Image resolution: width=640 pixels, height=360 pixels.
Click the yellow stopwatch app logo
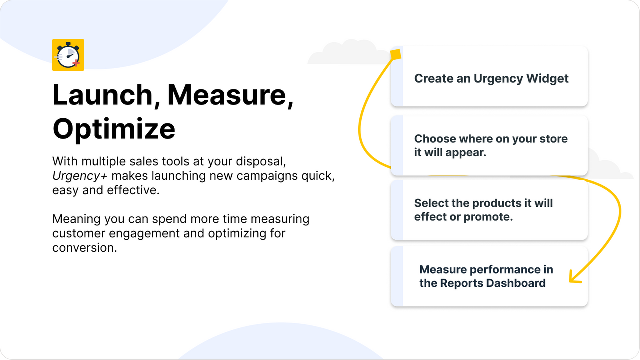pyautogui.click(x=68, y=55)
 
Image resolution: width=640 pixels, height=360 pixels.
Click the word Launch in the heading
pyautogui.click(x=102, y=95)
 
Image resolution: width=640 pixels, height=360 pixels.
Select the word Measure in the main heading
pyautogui.click(x=230, y=95)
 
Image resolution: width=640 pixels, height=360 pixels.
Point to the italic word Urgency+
pyautogui.click(x=72, y=176)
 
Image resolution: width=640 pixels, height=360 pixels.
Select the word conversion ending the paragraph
pyautogui.click(x=84, y=248)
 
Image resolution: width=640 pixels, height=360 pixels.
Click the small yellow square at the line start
pyautogui.click(x=395, y=54)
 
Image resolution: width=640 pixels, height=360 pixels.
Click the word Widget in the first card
pyautogui.click(x=548, y=79)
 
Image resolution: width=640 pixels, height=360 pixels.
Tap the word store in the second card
pyautogui.click(x=552, y=139)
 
